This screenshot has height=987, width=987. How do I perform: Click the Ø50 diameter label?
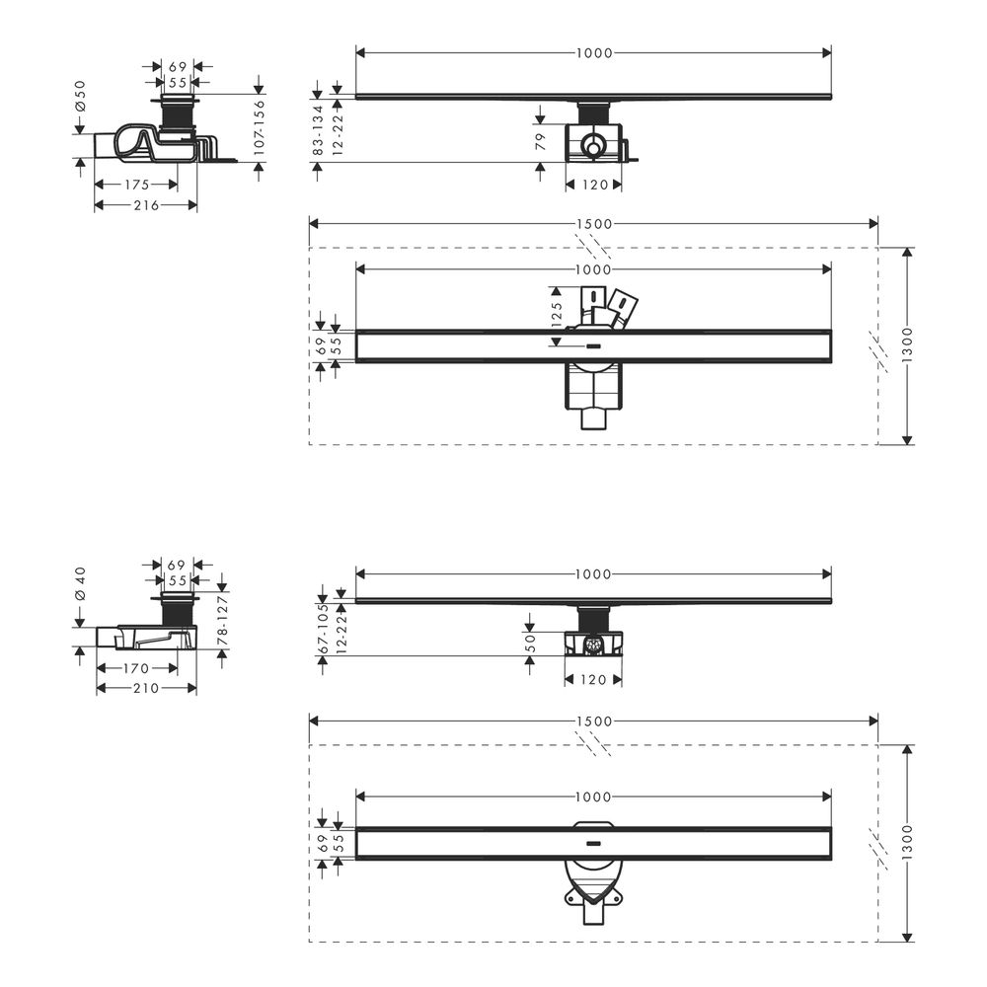pos(80,97)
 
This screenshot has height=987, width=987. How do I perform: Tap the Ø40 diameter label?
pos(80,584)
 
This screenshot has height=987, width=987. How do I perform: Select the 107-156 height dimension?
pos(259,127)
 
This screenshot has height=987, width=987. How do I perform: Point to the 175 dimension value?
pos(136,185)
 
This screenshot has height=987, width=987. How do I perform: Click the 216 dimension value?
pos(146,205)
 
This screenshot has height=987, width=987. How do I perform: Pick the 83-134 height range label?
pos(318,130)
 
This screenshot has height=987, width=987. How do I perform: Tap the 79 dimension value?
pos(540,141)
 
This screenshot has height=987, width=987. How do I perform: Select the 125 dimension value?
pos(556,314)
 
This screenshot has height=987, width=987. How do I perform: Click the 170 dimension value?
pos(136,668)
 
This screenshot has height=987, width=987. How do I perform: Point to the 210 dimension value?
pos(145,689)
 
